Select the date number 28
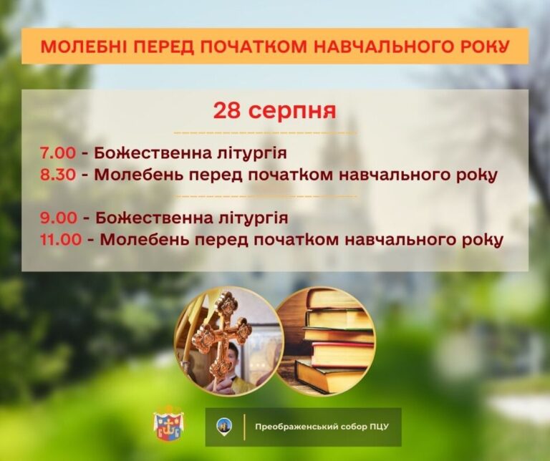click(226, 111)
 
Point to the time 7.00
click(58, 153)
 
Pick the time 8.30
click(58, 175)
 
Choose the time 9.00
click(59, 218)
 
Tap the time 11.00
click(61, 239)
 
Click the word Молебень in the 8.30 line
click(140, 175)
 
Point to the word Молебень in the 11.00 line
click(146, 239)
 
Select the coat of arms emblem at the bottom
click(169, 423)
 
